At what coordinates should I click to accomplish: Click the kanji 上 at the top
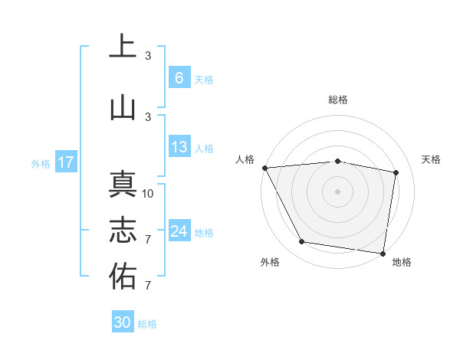(x=123, y=47)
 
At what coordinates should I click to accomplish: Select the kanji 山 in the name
(x=123, y=107)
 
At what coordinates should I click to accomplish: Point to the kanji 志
(x=123, y=231)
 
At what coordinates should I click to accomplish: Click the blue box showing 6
(x=179, y=78)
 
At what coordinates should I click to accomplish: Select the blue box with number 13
(x=179, y=148)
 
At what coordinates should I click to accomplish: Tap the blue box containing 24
(x=179, y=231)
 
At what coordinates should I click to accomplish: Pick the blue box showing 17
(x=65, y=162)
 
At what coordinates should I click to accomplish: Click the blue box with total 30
(x=122, y=322)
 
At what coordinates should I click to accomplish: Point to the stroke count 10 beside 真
(x=148, y=193)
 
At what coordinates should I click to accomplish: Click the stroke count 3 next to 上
(x=148, y=56)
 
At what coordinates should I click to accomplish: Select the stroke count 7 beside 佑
(x=148, y=286)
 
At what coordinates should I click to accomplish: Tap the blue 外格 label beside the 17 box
(x=41, y=163)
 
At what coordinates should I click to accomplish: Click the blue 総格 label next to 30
(x=147, y=324)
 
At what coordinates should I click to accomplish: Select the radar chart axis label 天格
(x=432, y=159)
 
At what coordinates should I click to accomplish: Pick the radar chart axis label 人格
(x=245, y=159)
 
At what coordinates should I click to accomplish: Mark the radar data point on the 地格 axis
(x=383, y=253)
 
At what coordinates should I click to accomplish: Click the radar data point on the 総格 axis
(x=338, y=161)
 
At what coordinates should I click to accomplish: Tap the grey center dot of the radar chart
(x=338, y=191)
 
